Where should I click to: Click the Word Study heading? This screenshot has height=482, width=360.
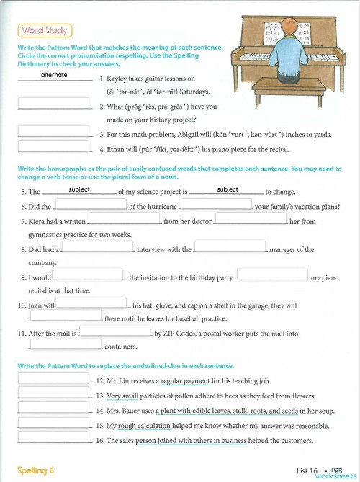click(44, 30)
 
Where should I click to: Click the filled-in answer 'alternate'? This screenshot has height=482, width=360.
click(54, 75)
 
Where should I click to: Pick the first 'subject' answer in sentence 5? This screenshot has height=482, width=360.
click(79, 189)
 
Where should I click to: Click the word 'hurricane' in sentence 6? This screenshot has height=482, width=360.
click(161, 207)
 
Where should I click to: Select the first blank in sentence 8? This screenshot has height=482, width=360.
click(97, 247)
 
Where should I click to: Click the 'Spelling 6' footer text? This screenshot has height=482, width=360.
click(36, 470)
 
